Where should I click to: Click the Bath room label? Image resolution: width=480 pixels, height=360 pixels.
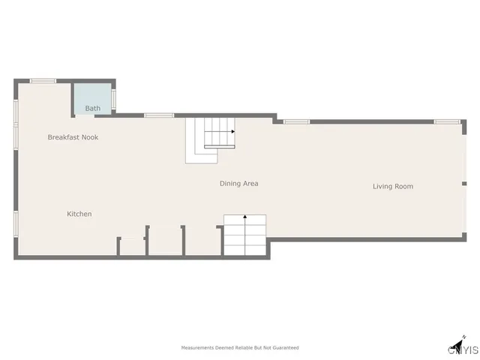(92, 109)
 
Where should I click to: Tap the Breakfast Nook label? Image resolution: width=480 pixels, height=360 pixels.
(73, 137)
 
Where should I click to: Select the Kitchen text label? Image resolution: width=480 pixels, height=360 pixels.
(79, 214)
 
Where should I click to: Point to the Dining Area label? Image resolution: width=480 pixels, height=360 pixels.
(239, 183)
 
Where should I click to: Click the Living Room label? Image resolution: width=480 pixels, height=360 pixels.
(393, 186)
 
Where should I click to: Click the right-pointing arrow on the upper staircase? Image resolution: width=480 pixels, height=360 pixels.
(232, 132)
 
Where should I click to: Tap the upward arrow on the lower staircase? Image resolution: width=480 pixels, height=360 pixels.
(245, 217)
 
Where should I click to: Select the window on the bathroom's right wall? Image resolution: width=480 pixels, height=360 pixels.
(114, 99)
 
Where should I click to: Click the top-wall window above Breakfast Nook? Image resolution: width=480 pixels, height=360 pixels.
(43, 81)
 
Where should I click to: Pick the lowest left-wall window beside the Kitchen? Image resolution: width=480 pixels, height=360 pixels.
(16, 223)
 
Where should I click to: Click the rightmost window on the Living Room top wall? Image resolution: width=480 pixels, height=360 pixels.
(447, 121)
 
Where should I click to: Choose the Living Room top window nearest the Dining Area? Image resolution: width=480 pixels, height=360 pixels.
(296, 121)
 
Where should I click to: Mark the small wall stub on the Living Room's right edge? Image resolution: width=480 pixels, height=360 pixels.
(463, 183)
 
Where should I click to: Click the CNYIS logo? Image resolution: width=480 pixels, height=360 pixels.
(463, 350)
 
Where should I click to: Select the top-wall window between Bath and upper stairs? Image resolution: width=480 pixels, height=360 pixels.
(159, 115)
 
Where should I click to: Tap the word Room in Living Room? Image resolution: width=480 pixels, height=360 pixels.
(404, 186)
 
